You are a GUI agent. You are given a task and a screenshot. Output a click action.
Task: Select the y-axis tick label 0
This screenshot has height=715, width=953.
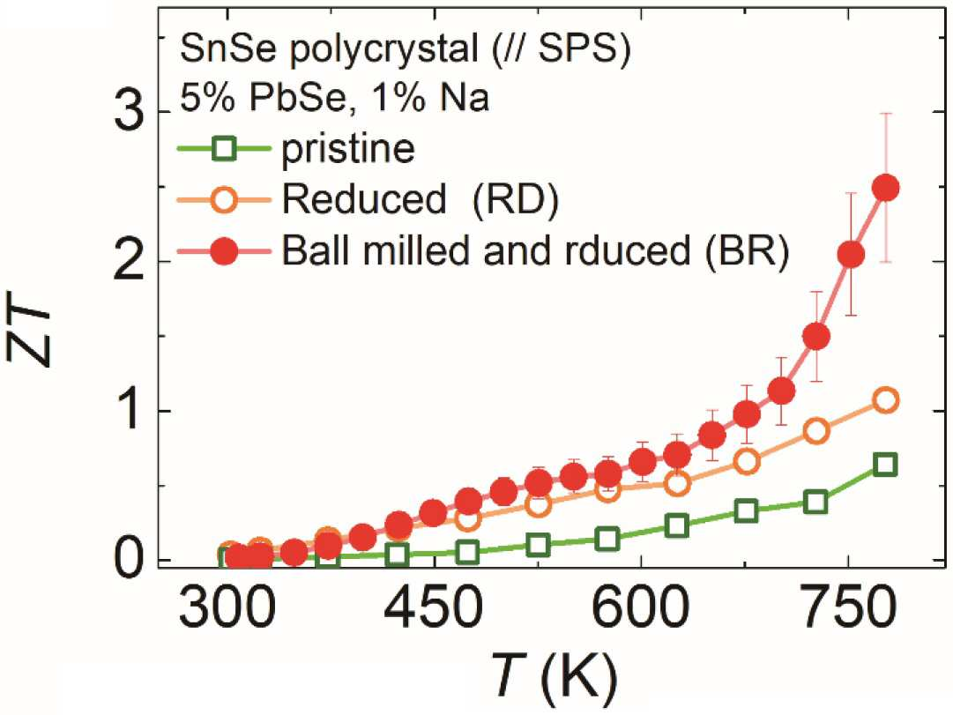129,560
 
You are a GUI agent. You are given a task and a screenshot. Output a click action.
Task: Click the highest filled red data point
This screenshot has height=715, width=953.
885,189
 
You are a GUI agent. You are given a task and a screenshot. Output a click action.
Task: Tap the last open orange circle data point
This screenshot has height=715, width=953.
885,400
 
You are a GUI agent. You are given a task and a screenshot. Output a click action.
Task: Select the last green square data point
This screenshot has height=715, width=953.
885,465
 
